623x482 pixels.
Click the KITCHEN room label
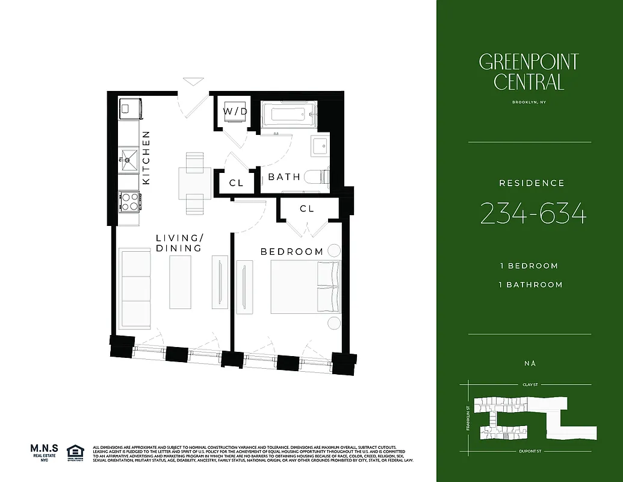146,158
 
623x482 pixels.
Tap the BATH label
284,177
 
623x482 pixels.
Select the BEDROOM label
291,251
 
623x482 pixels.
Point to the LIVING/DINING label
178,243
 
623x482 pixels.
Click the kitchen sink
129,160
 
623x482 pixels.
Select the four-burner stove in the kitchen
129,201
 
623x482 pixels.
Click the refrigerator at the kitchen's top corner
129,108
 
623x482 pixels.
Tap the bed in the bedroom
305,287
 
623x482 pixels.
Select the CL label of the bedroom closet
307,208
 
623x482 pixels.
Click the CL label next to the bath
237,183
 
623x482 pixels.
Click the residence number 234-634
533,214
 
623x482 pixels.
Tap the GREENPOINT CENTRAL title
528,71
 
